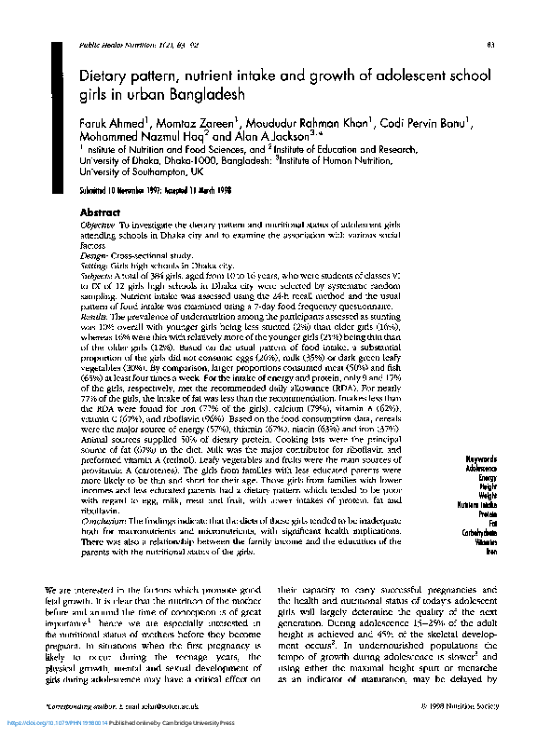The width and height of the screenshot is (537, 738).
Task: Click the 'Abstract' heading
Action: (101, 213)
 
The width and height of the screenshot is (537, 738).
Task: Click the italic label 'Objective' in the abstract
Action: (98, 226)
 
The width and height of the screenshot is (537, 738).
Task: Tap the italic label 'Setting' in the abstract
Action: (94, 266)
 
